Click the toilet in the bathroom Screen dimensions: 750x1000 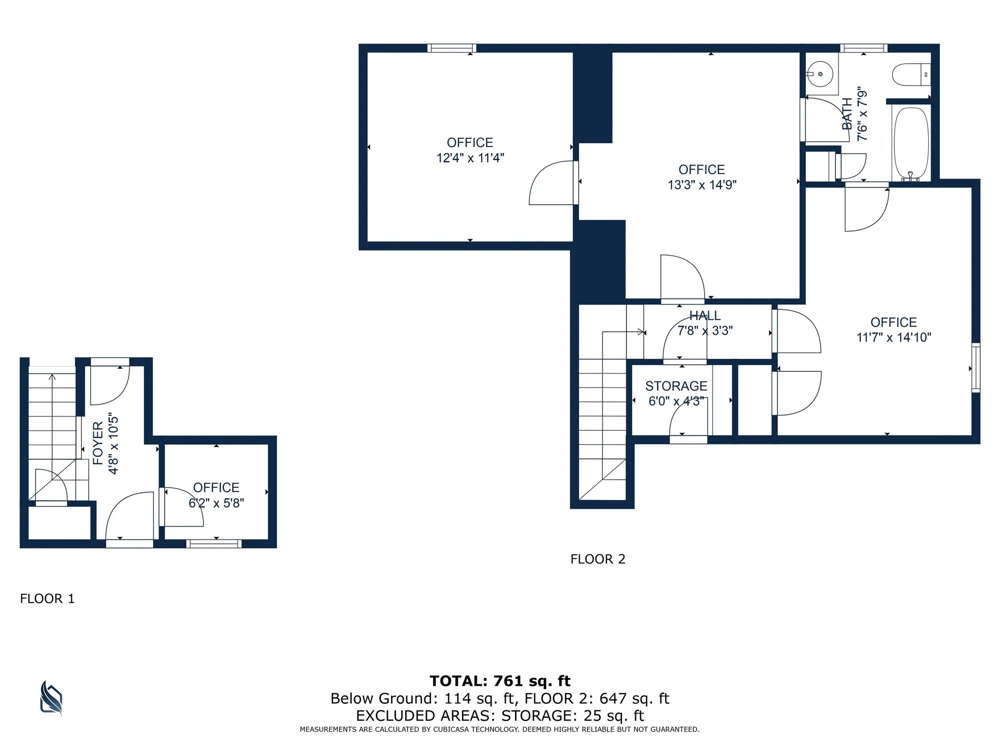coord(910,74)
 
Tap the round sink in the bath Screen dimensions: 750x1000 coord(820,74)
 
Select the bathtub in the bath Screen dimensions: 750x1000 coord(911,143)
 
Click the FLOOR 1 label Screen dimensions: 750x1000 coord(47,598)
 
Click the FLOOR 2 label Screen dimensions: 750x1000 coord(597,559)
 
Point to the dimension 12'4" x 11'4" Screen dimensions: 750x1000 coord(470,158)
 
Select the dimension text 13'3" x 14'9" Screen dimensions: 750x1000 coord(702,185)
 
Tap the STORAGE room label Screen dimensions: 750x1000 coord(676,386)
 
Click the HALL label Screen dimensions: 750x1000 coord(705,316)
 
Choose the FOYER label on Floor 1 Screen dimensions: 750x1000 coord(98,443)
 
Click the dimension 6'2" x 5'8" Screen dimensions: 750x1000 coord(216,503)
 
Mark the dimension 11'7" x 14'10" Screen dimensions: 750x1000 coord(893,337)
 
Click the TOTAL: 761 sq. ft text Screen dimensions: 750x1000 coord(499,681)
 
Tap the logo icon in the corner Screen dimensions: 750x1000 coord(51,698)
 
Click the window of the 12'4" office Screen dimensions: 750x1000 coord(452,48)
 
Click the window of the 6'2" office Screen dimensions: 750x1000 coord(214,544)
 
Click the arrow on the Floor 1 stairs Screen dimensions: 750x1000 coord(52,377)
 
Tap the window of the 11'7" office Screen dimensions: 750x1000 coord(976,368)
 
